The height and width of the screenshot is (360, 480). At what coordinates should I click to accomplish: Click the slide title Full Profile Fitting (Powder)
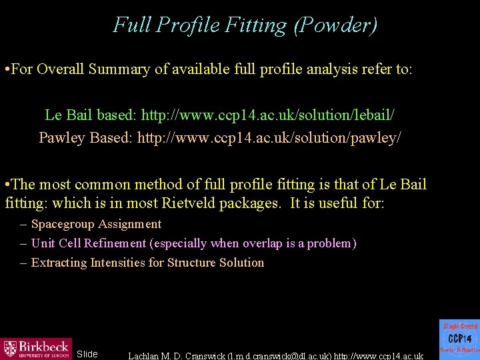click(x=245, y=25)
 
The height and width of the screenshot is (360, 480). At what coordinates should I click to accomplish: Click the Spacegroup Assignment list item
click(x=96, y=224)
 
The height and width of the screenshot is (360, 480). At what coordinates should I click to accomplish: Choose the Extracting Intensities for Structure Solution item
click(x=147, y=263)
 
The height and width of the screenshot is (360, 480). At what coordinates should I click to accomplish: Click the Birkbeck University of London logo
click(x=36, y=349)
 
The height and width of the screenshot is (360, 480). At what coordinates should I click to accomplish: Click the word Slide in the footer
click(x=87, y=354)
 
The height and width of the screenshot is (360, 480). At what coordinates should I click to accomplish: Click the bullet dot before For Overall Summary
click(x=6, y=69)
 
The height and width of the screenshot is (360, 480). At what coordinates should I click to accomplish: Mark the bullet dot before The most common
click(x=6, y=185)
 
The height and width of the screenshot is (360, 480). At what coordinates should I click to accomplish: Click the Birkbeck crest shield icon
click(x=10, y=349)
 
